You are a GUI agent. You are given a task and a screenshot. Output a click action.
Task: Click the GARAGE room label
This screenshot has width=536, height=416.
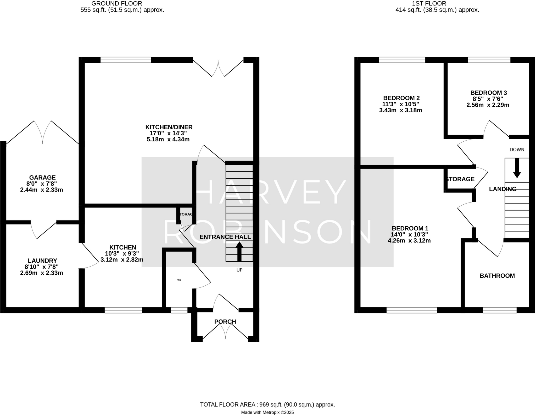[42, 178]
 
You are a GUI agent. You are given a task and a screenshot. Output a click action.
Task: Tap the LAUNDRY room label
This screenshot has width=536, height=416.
[42, 261]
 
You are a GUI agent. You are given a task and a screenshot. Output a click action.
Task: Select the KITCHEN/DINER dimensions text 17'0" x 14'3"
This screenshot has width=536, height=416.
[168, 133]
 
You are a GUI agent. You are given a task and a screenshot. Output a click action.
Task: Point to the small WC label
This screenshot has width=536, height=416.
[179, 280]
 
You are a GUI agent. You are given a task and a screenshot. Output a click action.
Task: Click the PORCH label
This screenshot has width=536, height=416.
[225, 322]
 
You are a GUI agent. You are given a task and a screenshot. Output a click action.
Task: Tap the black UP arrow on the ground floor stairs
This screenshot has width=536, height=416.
[239, 252]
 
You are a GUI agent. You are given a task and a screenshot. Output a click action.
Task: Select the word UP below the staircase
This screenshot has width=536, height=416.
[239, 270]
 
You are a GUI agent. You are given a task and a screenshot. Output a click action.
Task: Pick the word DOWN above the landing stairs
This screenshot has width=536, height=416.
[517, 150]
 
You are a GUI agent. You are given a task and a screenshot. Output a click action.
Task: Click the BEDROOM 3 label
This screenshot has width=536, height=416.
[489, 93]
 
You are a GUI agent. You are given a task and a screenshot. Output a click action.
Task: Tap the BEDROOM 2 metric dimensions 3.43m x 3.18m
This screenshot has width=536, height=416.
[400, 110]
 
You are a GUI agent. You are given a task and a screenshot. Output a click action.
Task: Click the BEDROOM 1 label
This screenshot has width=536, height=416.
[410, 228]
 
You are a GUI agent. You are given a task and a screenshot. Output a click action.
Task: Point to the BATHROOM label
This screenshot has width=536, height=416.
[497, 276]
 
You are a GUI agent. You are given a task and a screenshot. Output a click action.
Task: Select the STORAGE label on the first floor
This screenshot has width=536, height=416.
[460, 179]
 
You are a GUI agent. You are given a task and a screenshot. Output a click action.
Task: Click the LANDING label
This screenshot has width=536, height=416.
[502, 189]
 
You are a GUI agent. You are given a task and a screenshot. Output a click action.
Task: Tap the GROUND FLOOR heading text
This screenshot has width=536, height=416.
[117, 4]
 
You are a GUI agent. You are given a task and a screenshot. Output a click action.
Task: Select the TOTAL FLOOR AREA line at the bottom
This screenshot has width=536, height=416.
[267, 405]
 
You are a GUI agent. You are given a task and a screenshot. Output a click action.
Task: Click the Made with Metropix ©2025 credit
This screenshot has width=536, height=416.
[267, 413]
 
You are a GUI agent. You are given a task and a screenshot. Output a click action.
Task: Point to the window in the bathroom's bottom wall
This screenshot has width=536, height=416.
[499, 310]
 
